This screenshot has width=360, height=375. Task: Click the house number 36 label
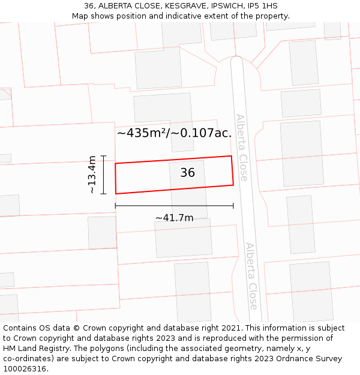187,173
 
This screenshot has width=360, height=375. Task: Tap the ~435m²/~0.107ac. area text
174,133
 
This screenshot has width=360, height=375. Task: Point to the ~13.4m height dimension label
92,175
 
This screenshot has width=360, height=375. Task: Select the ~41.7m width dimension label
174,218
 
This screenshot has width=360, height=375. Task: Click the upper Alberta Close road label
242,148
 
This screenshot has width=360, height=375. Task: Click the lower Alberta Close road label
251,276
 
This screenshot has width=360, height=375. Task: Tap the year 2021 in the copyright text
233,328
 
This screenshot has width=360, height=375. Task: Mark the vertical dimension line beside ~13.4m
103,175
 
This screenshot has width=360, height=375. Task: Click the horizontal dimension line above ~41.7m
174,206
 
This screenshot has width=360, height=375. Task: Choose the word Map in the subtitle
80,16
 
